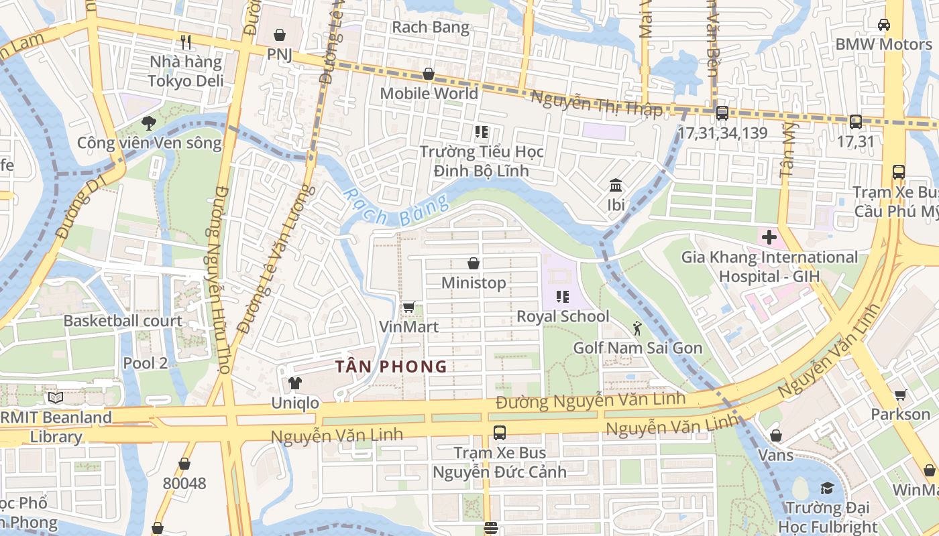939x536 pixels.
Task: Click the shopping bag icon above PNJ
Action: coord(280,35)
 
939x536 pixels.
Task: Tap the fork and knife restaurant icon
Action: coord(186,42)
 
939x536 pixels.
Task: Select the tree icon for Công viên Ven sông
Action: coord(148,123)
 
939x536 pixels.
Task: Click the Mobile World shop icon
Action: coord(428,74)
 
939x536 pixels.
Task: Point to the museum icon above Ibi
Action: coord(616,185)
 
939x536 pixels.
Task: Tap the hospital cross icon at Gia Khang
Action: coord(769,237)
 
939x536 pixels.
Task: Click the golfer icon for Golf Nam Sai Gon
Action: coord(637,328)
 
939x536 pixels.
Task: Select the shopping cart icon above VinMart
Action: coord(408,308)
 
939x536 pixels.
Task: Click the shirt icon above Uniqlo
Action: coord(294,383)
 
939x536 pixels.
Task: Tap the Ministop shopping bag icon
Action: coord(474,263)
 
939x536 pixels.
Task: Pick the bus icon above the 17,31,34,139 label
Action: coord(722,113)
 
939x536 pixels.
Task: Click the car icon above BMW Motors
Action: coord(883,25)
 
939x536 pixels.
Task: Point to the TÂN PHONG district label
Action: coord(391,366)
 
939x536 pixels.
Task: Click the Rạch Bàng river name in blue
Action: coord(395,208)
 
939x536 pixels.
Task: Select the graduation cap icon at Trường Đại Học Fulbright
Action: coord(827,488)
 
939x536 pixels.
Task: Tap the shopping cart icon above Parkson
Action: coord(900,395)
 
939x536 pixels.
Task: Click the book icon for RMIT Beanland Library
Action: coord(56,398)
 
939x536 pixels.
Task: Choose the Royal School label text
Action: coord(563,316)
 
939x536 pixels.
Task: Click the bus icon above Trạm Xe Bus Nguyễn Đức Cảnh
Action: coord(499,433)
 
